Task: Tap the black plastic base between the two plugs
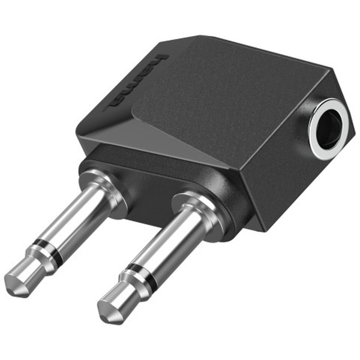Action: click(x=150, y=192)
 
